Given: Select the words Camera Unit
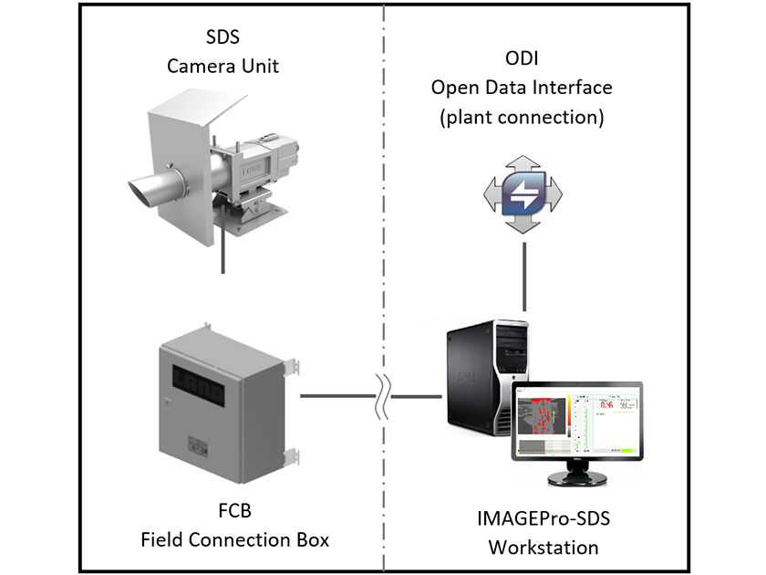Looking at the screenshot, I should coord(223,67).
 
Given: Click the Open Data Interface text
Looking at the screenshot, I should coord(522,88).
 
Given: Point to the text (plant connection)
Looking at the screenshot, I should coord(522,116).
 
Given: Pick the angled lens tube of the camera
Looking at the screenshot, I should coord(155,187).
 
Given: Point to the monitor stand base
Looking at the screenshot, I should coord(576,480).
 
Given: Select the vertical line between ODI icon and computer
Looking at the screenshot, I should coord(523,278).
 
